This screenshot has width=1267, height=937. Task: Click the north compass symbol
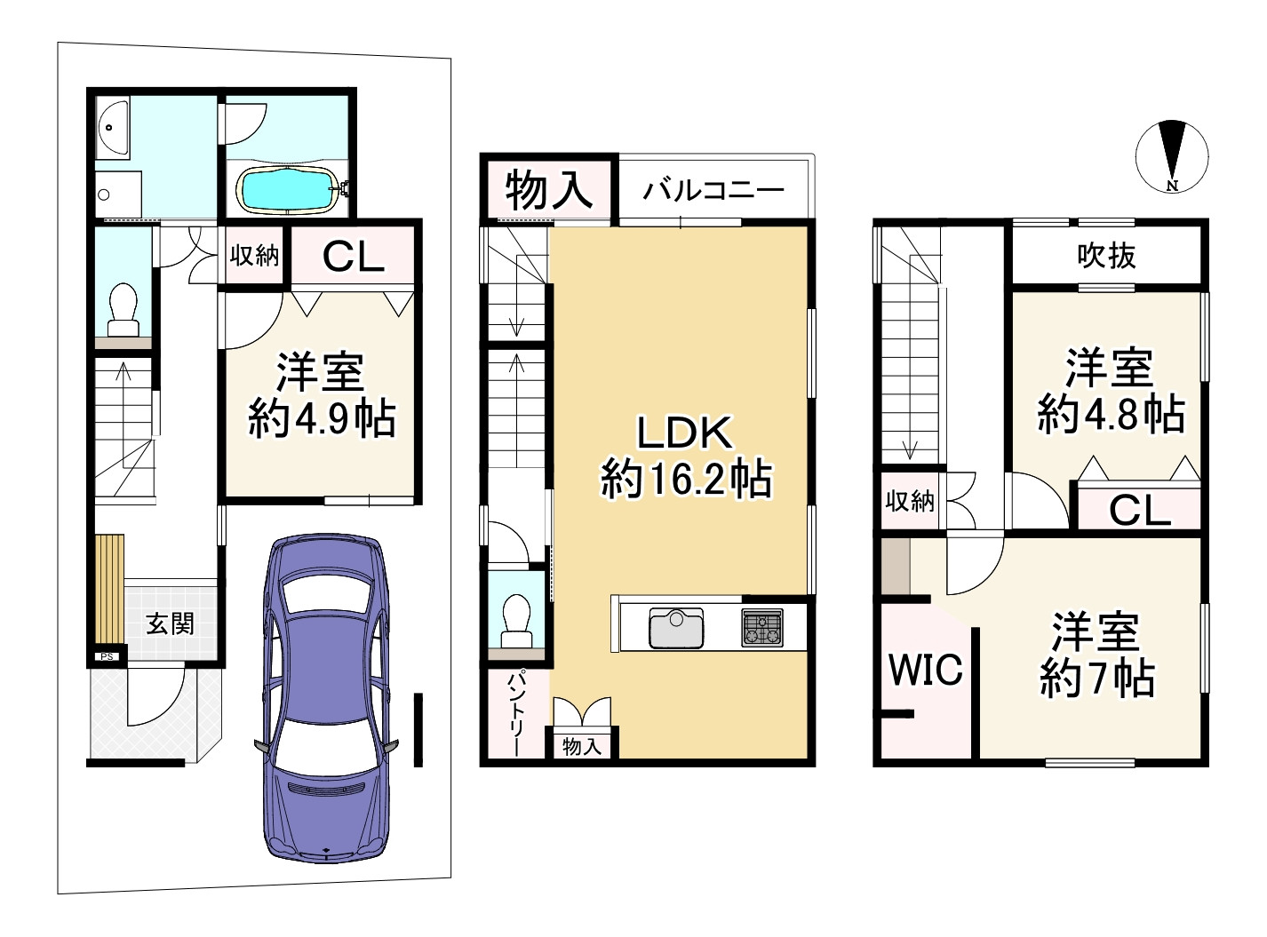point(1172,155)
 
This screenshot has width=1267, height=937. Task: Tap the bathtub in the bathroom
point(286,188)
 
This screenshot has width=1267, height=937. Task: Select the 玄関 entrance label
point(170,623)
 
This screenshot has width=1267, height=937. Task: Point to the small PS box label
point(107,656)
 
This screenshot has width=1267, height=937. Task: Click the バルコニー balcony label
point(714,190)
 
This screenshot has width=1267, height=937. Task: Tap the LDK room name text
point(685,433)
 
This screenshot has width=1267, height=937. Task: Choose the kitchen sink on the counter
point(675,628)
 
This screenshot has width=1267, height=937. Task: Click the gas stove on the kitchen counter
point(762,627)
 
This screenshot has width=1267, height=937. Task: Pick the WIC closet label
point(926,669)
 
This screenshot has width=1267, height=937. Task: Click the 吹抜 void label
point(1106,256)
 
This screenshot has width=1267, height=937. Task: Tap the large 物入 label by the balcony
point(548,189)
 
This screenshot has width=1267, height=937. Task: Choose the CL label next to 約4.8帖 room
point(1139,511)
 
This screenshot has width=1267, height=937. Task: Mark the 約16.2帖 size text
point(686,480)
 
